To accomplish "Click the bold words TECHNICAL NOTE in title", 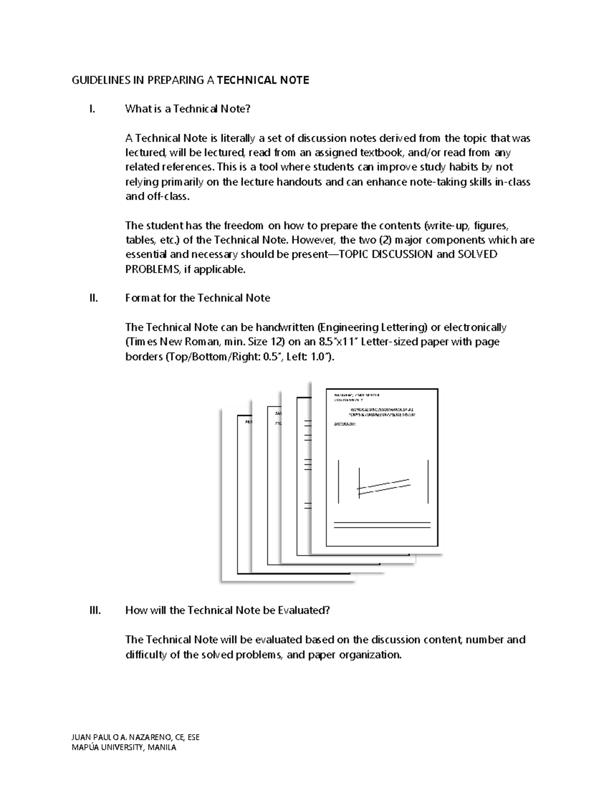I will [x=263, y=80].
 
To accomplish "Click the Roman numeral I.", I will [x=91, y=109].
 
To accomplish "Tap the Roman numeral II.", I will [x=93, y=298].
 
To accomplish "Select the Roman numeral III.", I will [x=95, y=610].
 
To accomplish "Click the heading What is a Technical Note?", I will [x=188, y=109].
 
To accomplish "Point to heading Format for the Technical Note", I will [x=197, y=298].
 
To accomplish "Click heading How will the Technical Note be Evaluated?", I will [x=227, y=610].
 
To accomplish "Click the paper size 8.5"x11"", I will [x=338, y=342].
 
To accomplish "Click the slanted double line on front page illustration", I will [x=383, y=486].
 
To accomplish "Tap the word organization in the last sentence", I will [x=369, y=655].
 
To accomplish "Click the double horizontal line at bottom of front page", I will [x=382, y=525].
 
